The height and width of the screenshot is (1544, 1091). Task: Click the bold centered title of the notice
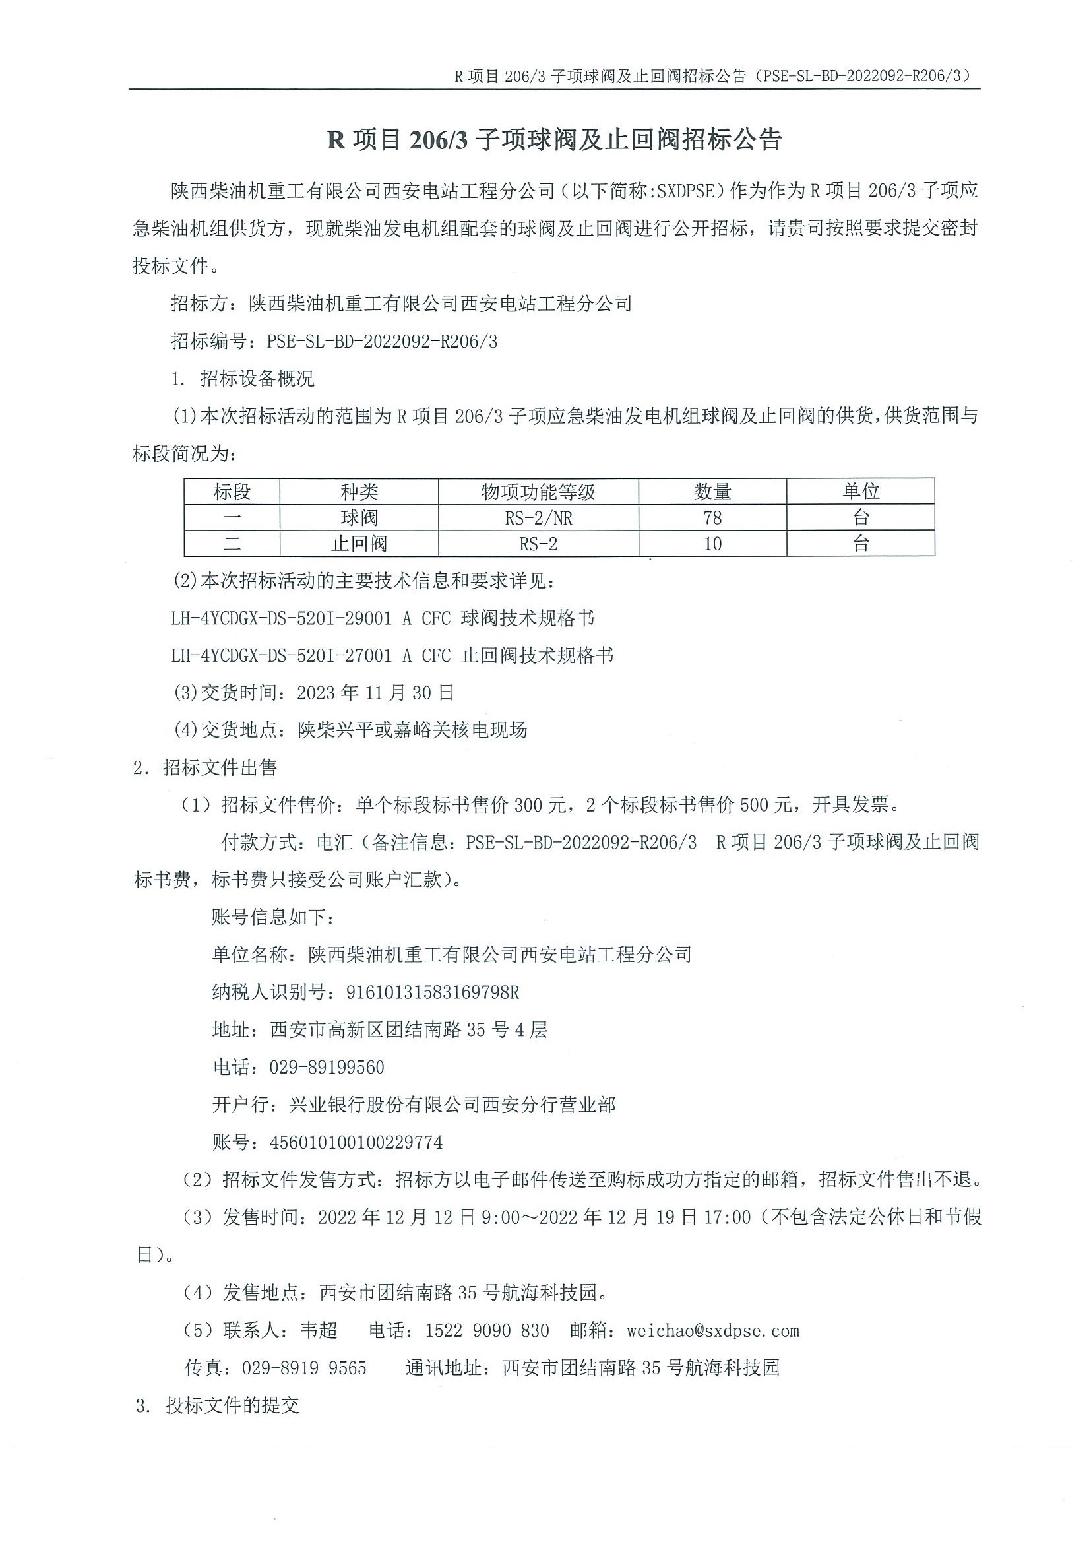[x=554, y=140]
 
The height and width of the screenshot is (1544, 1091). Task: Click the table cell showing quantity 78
[x=712, y=518]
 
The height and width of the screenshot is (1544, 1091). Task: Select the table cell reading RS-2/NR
[x=538, y=518]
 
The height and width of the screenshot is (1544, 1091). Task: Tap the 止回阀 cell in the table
[x=359, y=543]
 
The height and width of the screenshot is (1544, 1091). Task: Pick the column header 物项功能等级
[x=538, y=492]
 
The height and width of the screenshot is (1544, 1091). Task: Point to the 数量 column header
[x=712, y=492]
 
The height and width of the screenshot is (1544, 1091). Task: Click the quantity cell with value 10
[x=712, y=543]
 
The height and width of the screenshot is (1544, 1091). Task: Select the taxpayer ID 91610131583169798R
[x=432, y=992]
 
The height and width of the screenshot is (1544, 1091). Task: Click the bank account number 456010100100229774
[x=356, y=1143]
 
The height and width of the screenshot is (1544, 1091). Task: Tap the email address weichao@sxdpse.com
[x=712, y=1330]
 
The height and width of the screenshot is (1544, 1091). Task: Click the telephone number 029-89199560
[x=327, y=1067]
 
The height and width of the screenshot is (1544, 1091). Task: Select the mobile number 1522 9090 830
[x=487, y=1330]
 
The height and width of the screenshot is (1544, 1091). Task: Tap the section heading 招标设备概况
[x=257, y=379]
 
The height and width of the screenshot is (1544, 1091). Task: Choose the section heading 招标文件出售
[x=219, y=767]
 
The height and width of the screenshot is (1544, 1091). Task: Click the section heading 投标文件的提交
[x=232, y=1405]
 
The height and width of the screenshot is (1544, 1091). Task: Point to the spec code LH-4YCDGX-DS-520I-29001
[x=281, y=618]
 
